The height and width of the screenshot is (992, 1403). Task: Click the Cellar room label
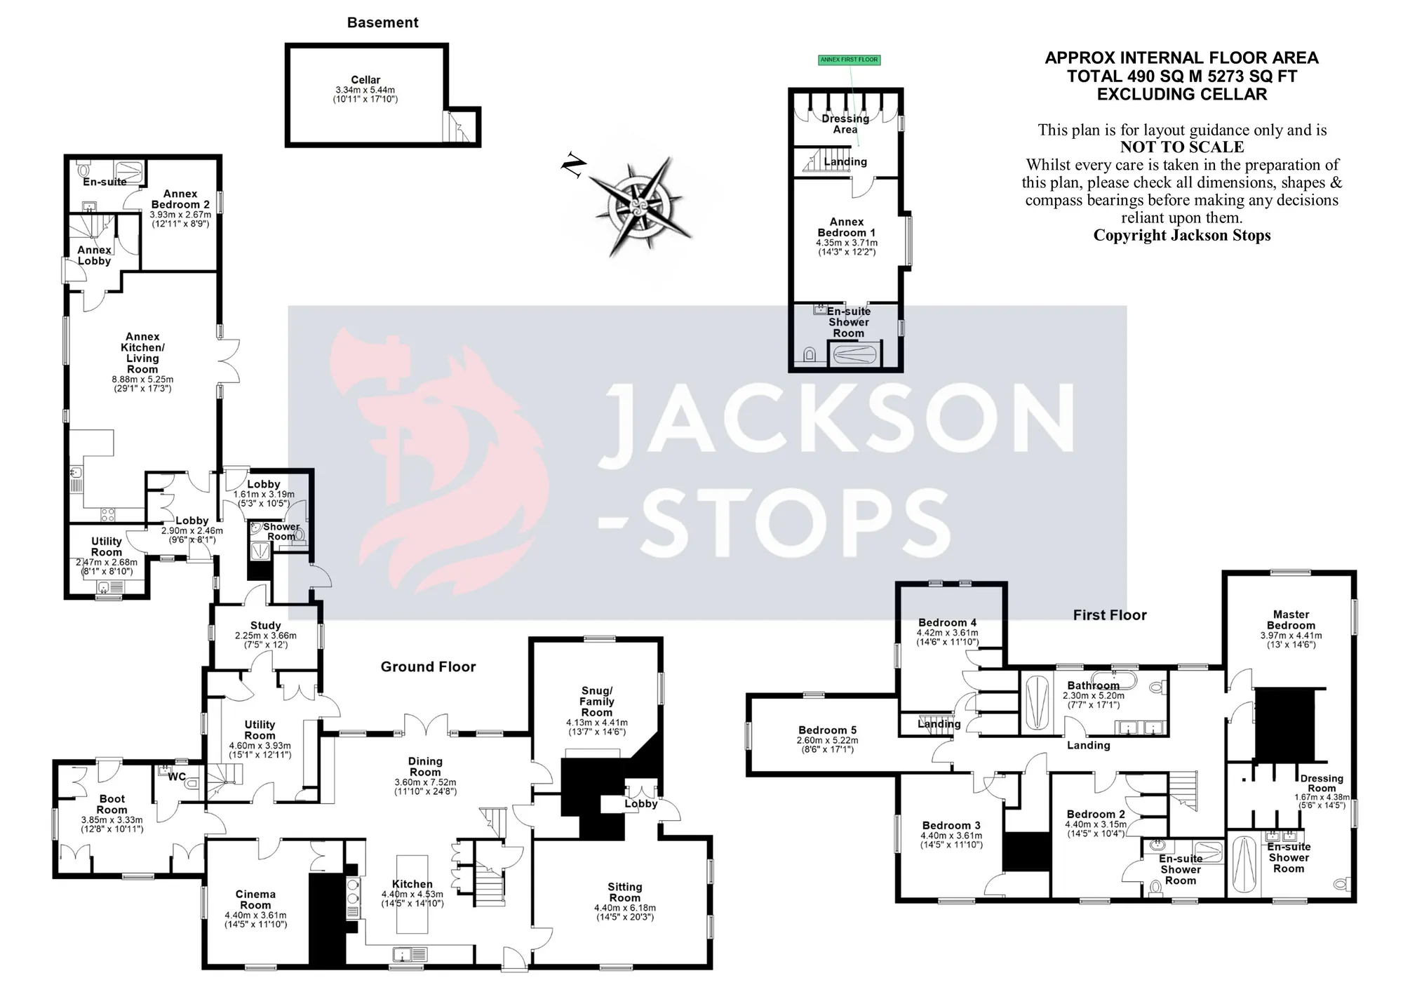pyautogui.click(x=365, y=80)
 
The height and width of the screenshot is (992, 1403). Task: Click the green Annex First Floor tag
pyautogui.click(x=849, y=60)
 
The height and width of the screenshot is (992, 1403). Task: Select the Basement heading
pyautogui.click(x=382, y=22)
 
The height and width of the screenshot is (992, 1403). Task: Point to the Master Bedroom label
pyautogui.click(x=1291, y=620)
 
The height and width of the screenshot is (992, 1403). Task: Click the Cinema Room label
pyautogui.click(x=255, y=899)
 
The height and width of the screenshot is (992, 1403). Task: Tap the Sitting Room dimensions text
pyautogui.click(x=624, y=912)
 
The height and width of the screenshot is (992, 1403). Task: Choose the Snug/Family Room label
pyautogui.click(x=597, y=702)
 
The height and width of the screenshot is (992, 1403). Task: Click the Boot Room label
pyautogui.click(x=112, y=804)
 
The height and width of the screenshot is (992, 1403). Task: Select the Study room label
pyautogui.click(x=266, y=626)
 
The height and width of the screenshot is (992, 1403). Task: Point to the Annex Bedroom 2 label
pyautogui.click(x=180, y=199)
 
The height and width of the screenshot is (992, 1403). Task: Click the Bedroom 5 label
pyautogui.click(x=828, y=730)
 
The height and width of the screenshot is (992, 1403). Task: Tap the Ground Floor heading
pyautogui.click(x=428, y=667)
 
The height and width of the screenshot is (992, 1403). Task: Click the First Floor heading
pyautogui.click(x=1110, y=615)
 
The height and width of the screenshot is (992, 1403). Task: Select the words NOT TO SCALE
pyautogui.click(x=1182, y=147)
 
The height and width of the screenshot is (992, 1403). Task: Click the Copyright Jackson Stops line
pyautogui.click(x=1182, y=236)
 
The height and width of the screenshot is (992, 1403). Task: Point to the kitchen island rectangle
pyautogui.click(x=412, y=894)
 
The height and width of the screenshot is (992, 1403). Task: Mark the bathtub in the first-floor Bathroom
pyautogui.click(x=1037, y=704)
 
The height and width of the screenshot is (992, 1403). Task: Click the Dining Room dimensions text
pyautogui.click(x=425, y=787)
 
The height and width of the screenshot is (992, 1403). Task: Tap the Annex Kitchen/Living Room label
pyautogui.click(x=142, y=353)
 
